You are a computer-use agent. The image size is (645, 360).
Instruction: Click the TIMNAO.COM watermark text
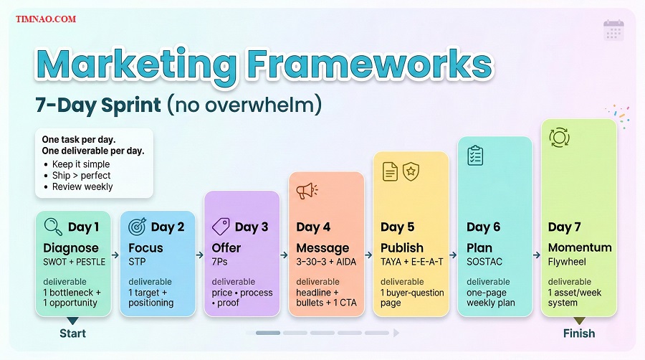46,19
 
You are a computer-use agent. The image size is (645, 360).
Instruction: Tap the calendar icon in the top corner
613,30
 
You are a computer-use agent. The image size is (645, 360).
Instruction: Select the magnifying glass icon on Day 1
53,227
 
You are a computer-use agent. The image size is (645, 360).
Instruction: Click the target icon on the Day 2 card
137,227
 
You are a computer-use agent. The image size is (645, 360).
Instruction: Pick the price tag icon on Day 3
221,227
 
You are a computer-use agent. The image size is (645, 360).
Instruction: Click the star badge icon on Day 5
411,171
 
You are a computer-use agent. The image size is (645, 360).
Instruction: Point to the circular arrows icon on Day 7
558,137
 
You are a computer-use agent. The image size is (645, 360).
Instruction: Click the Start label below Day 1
72,333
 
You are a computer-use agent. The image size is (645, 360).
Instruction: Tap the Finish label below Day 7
578,333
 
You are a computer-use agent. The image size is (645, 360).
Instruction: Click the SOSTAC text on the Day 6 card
485,262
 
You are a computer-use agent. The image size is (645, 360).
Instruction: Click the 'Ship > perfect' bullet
82,175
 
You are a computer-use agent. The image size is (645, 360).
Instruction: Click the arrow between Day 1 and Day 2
115,254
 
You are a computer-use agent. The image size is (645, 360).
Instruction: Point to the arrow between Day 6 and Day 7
536,254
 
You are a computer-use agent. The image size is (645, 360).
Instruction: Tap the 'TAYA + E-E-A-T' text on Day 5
412,262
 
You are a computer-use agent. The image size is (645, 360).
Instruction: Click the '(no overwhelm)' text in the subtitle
244,105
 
